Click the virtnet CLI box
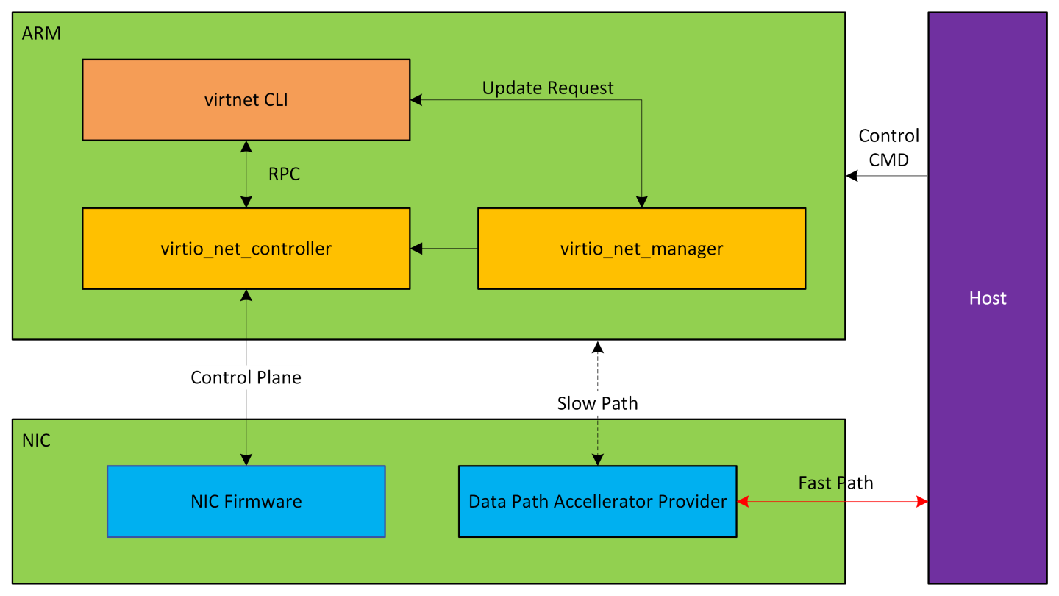246,100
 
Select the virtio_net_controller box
246,249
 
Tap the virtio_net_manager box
641,249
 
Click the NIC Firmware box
246,502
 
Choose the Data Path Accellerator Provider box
597,502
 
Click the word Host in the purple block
987,298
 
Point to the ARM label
41,33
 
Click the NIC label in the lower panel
36,441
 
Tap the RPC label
284,174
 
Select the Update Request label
548,88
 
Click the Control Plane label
246,377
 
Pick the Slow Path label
597,403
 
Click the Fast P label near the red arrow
820,483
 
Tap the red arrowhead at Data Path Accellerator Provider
743,502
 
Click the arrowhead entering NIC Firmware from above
246,460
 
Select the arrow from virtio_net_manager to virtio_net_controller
444,249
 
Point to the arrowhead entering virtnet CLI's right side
416,100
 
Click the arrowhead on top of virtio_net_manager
641,202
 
